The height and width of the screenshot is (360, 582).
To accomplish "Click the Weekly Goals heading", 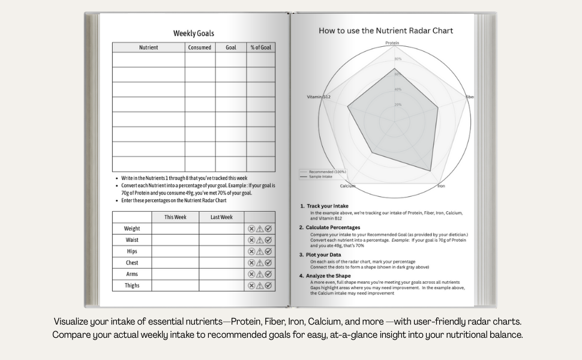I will [x=193, y=34].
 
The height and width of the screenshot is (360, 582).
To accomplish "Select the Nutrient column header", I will [x=148, y=47].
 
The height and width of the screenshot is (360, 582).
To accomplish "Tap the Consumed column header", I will [x=200, y=47].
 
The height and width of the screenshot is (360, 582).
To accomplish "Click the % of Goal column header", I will [x=260, y=47].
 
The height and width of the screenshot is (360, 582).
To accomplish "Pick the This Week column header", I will [x=175, y=217].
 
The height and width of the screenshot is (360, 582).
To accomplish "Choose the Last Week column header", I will [x=221, y=217].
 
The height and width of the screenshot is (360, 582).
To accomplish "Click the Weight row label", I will [x=132, y=229].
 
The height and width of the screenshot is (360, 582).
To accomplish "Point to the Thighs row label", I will [x=132, y=286].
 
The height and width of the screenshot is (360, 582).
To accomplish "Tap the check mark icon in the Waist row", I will [x=268, y=240].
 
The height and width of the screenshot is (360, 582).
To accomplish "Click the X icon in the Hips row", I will [x=251, y=251].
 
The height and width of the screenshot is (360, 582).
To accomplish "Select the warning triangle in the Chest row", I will [x=260, y=263].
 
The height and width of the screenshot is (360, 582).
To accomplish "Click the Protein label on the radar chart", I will [x=392, y=43].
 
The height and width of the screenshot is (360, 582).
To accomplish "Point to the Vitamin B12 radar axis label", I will [x=319, y=97].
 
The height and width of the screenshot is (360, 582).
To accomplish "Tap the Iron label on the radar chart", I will [x=441, y=186].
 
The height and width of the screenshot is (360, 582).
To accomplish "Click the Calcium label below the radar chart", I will [x=348, y=186].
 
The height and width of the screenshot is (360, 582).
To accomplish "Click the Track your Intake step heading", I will [x=327, y=206].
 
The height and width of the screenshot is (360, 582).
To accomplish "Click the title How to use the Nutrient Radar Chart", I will [x=386, y=31].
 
